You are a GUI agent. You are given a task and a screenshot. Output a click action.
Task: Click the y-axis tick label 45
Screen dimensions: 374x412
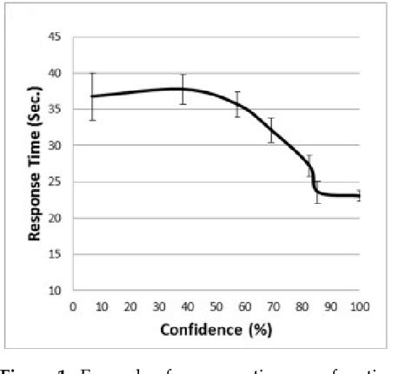pos(55,37)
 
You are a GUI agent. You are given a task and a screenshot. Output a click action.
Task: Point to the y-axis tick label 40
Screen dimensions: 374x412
pos(55,73)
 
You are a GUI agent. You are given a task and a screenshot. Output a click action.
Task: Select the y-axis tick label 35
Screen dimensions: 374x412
pos(55,109)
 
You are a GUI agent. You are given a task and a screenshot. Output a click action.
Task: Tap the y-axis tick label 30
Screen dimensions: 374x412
pos(55,146)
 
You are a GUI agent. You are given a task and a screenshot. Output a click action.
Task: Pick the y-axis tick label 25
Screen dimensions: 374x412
pos(55,182)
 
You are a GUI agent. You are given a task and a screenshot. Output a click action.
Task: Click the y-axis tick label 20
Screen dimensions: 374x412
pos(55,219)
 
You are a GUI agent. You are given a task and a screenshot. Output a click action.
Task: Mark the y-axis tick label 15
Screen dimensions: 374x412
pos(55,255)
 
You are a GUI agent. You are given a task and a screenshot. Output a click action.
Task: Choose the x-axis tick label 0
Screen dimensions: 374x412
pos(73,306)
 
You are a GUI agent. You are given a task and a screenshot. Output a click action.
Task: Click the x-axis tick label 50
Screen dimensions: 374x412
pos(216,306)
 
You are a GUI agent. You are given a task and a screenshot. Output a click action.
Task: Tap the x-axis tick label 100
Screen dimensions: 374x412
pos(359,306)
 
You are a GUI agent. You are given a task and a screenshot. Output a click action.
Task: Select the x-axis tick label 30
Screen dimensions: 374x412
pos(159,306)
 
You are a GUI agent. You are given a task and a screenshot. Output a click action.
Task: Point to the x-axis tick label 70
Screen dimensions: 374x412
pos(274,306)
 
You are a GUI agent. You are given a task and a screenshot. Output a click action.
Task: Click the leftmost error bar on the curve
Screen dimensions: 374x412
pos(92,96)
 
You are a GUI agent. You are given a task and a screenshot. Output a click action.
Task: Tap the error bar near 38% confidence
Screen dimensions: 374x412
pos(183,89)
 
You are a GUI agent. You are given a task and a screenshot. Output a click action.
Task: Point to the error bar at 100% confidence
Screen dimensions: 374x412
pos(359,195)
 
